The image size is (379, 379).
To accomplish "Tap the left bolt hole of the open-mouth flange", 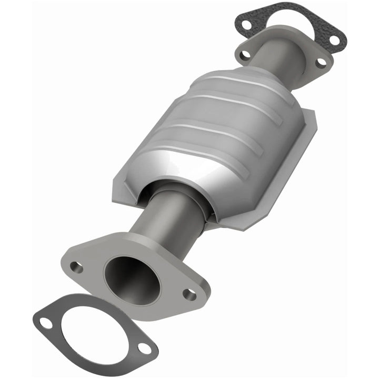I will click(x=77, y=267).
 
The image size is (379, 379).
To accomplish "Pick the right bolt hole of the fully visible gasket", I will click(x=144, y=348).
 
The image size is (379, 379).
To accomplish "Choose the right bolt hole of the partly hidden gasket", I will click(x=333, y=39).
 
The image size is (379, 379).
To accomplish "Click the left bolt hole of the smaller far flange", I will click(x=244, y=54).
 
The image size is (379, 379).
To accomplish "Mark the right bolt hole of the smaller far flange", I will click(x=321, y=62).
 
